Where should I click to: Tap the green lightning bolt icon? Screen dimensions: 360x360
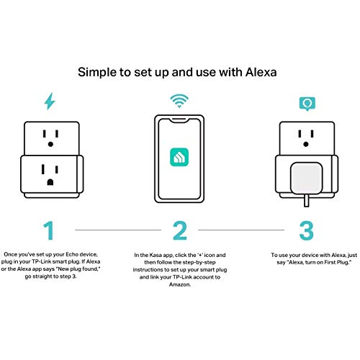point(50,102)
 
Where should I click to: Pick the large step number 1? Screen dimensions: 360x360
point(49,230)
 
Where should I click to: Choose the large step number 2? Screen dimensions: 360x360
point(179,230)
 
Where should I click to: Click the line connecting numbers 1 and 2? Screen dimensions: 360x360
point(114,230)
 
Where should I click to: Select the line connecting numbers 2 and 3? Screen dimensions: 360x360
point(243,230)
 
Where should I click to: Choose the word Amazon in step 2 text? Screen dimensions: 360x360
point(180,286)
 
